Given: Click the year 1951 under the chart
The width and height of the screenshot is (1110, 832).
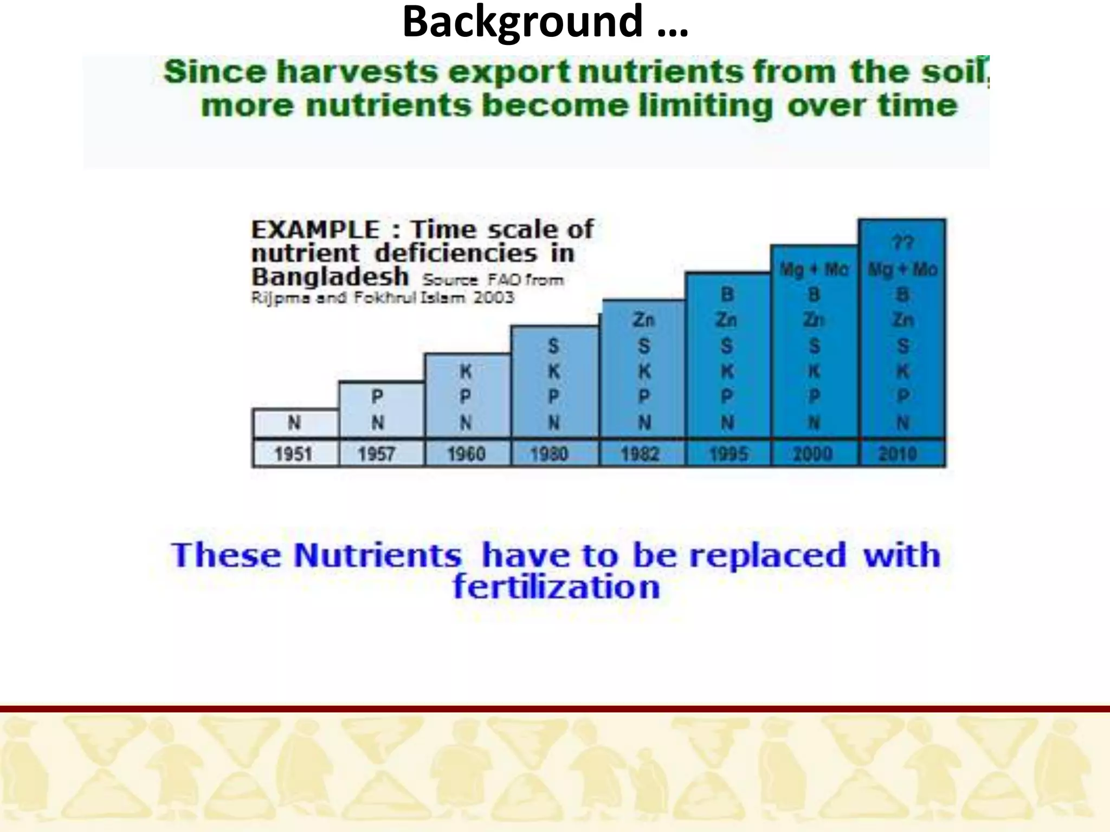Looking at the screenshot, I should [x=293, y=453].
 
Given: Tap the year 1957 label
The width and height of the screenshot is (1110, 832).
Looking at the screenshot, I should [x=376, y=453].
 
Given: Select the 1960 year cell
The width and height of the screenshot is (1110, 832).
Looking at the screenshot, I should [x=466, y=453].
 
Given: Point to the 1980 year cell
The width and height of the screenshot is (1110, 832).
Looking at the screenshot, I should [x=550, y=453].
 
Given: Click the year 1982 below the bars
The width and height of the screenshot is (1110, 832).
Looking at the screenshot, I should [x=640, y=453].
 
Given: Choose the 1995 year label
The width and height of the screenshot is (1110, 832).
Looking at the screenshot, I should [x=728, y=453].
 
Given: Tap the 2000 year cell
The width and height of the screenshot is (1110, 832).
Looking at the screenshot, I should [x=812, y=453].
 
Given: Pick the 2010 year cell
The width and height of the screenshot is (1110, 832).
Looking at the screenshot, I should [x=898, y=453].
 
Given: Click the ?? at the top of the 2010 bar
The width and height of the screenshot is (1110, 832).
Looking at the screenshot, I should [x=903, y=243].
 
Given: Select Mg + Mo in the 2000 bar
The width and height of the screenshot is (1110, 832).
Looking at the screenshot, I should [x=814, y=269].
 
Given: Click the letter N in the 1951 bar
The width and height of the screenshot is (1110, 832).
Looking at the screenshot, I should [x=294, y=422].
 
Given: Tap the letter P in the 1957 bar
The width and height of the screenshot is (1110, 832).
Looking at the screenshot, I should [x=377, y=396].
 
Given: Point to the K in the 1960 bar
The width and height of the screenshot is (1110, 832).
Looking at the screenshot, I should [x=466, y=372].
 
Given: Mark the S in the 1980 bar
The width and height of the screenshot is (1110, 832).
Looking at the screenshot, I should [x=553, y=346].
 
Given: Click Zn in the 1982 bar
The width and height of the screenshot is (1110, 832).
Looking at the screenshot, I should [x=643, y=320].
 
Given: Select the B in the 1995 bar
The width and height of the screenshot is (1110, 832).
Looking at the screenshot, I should [x=727, y=295].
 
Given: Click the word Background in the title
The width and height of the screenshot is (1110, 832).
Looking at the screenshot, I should [x=522, y=22].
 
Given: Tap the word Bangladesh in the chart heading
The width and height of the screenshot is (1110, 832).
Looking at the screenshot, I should [x=330, y=277].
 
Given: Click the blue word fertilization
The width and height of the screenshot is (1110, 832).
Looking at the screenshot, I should [x=557, y=587].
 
